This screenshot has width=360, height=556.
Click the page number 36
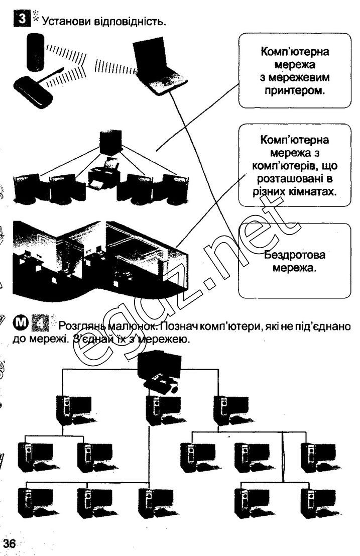coord(10,543)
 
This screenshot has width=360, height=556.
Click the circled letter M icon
coord(19,321)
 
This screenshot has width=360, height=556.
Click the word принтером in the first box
coord(294,91)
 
